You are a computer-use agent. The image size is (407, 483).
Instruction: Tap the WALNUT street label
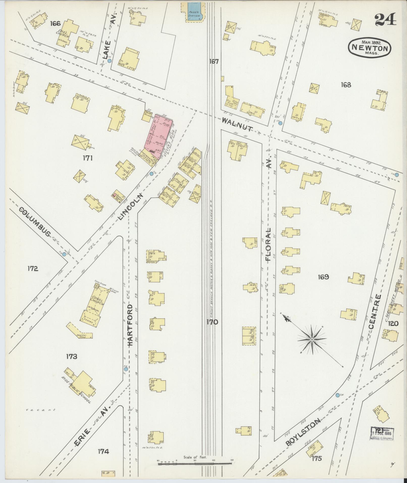coord(237,124)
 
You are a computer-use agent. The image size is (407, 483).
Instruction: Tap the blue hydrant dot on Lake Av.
coord(109,61)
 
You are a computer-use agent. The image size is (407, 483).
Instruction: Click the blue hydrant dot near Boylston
coord(338,402)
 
